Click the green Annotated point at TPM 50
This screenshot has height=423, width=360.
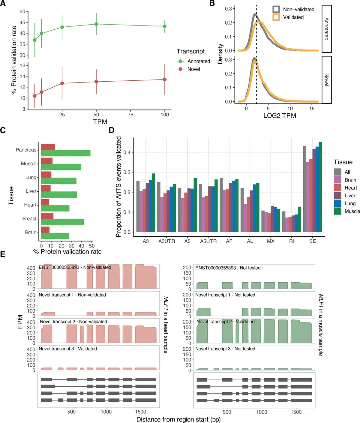96,24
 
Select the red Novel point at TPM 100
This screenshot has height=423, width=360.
165,79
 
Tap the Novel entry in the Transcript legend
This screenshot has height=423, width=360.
193,69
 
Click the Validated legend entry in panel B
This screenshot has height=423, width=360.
293,17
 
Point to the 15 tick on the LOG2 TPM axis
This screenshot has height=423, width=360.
312,109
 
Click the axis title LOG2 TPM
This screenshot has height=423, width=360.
280,116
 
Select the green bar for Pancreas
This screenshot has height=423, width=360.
66,153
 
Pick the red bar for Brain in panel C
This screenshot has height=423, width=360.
45,230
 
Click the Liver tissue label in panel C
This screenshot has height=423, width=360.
31,191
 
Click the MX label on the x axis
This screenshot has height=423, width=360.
271,241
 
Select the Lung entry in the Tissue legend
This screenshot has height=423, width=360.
350,203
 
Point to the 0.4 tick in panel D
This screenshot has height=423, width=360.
127,152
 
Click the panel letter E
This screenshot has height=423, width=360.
3,255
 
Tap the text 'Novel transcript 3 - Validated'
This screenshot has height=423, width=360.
68,349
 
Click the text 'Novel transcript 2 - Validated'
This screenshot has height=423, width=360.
226,322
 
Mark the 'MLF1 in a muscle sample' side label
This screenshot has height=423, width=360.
321,325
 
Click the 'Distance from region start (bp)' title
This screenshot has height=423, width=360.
178,419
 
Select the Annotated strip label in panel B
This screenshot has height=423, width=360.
327,29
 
